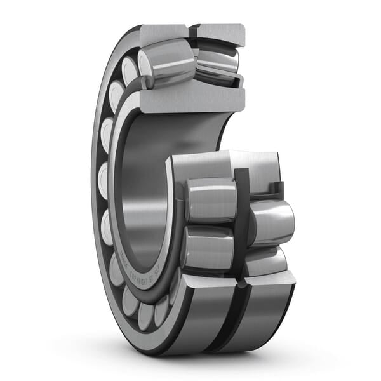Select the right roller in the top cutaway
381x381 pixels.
coord(217,63)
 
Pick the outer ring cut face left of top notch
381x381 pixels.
coord(164,33)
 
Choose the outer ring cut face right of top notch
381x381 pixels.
coord(220,34)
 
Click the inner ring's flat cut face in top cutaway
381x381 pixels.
coord(190,101)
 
